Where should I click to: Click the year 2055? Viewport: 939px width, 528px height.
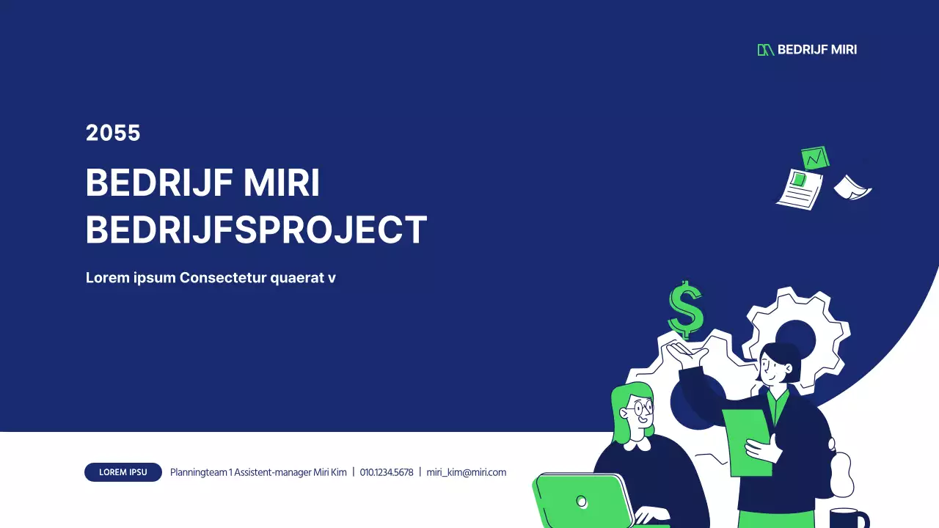(x=113, y=133)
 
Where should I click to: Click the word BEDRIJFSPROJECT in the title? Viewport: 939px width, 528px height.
(x=257, y=230)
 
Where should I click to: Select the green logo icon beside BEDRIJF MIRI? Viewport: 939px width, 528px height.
(x=765, y=50)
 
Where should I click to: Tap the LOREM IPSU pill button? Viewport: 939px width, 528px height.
(x=123, y=472)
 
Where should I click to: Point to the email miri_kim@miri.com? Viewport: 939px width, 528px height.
(x=466, y=472)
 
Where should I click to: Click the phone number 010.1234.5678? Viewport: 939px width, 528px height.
(x=387, y=472)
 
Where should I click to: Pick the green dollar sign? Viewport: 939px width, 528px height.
(x=686, y=309)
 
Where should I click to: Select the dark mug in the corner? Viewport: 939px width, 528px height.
(x=849, y=518)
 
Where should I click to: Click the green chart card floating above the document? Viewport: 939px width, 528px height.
(x=815, y=158)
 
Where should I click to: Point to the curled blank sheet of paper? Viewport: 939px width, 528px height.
(x=852, y=188)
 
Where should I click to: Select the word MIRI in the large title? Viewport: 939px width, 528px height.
(x=282, y=183)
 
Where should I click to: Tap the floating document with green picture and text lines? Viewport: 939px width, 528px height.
(x=800, y=189)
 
